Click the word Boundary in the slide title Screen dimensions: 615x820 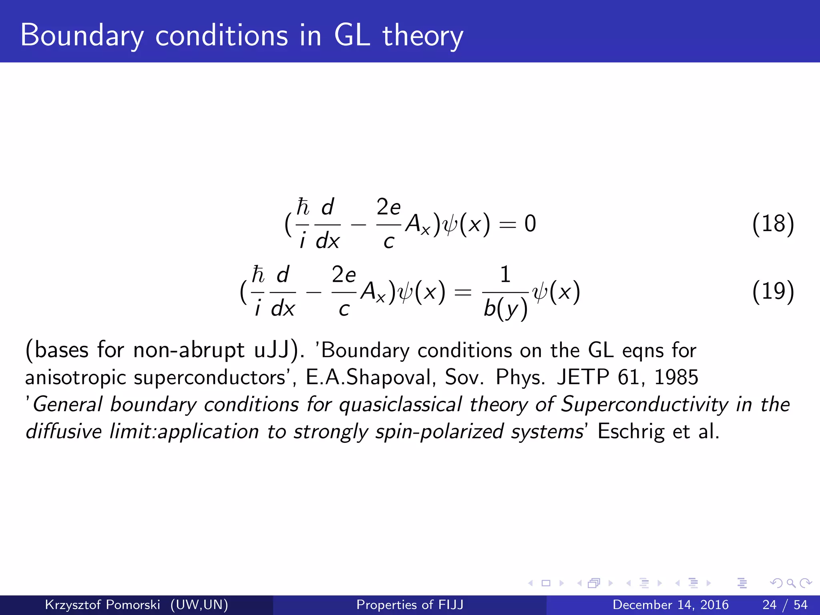(82, 36)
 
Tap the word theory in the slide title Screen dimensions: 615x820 (423, 36)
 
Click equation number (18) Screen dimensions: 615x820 (773, 224)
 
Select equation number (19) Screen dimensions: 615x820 (773, 291)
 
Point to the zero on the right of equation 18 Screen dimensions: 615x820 (530, 224)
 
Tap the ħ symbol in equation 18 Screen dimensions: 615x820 (303, 207)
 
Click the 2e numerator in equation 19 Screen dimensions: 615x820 (344, 275)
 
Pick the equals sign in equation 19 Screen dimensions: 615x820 (463, 292)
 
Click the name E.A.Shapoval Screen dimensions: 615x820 (370, 378)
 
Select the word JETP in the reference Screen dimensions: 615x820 (583, 378)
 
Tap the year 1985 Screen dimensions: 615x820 (676, 378)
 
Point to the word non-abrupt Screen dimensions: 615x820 (188, 350)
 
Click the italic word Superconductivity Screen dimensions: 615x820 (644, 404)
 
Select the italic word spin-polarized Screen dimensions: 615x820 (439, 432)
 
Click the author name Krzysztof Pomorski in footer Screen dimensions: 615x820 (102, 605)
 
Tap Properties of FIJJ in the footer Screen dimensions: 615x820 (410, 605)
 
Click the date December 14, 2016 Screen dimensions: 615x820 (670, 605)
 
